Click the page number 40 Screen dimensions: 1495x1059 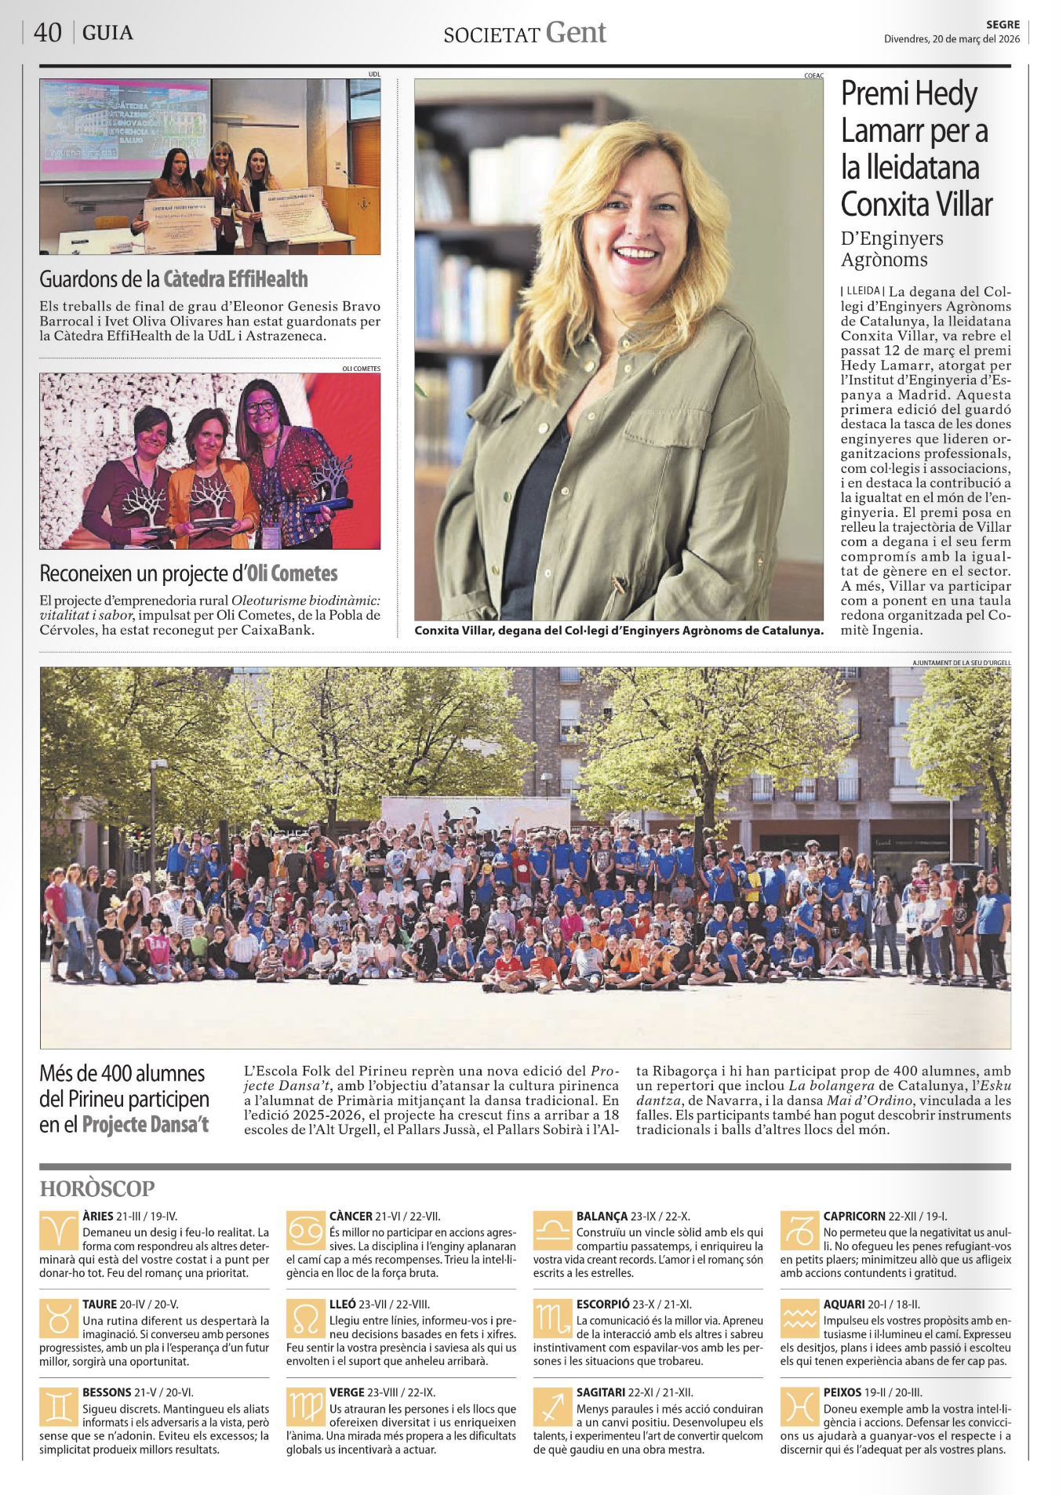click(x=47, y=33)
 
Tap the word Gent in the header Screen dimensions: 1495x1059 click(x=576, y=33)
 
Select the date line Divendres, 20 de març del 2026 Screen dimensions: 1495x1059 click(x=952, y=39)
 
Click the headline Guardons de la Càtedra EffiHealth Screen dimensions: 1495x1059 click(x=173, y=279)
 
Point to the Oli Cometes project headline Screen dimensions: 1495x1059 click(x=188, y=573)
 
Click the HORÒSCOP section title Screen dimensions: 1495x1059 click(x=97, y=1188)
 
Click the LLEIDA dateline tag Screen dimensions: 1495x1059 click(x=862, y=291)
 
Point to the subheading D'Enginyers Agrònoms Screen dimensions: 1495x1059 click(x=891, y=249)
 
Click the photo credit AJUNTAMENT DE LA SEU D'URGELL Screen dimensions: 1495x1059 click(x=961, y=663)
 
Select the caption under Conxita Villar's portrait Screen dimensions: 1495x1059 click(x=619, y=630)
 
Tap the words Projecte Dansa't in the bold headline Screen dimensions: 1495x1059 click(x=145, y=1125)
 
